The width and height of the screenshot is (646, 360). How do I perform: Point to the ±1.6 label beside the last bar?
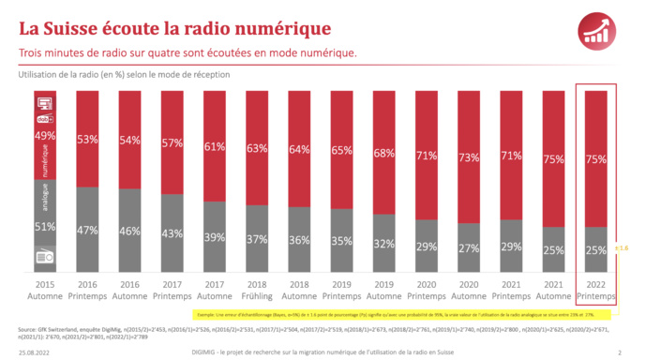coord(621,247)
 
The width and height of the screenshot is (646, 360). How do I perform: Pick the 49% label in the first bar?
coord(44,136)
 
